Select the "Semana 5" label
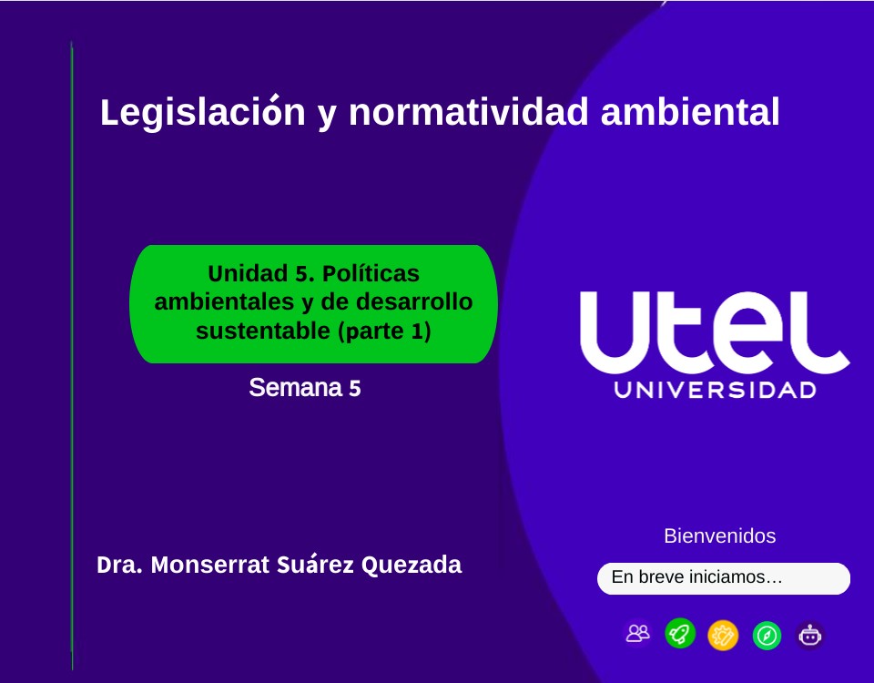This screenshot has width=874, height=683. click(305, 388)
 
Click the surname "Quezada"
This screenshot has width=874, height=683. click(412, 565)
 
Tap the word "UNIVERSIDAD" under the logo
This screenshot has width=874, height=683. click(715, 391)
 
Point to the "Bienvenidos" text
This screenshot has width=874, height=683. click(720, 535)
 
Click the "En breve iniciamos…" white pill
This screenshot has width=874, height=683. click(724, 578)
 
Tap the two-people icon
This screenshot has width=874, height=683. click(638, 633)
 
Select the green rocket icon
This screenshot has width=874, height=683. click(680, 633)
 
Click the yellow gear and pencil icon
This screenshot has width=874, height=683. click(723, 635)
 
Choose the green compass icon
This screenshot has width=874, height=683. click(767, 635)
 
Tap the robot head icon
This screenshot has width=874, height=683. click(809, 635)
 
